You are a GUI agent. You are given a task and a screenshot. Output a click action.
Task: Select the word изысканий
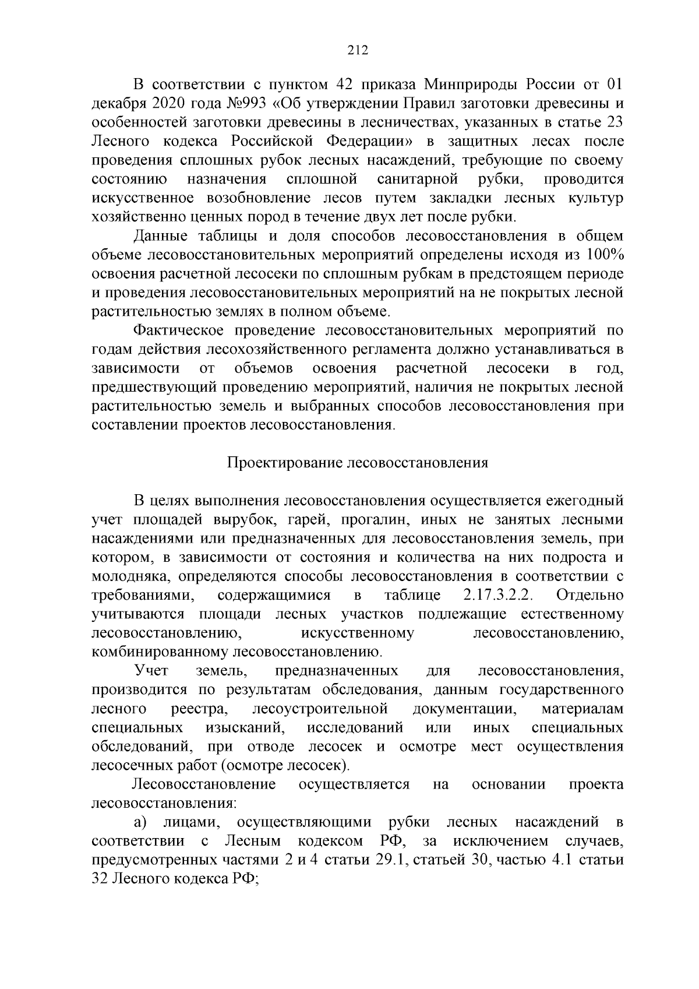(245, 728)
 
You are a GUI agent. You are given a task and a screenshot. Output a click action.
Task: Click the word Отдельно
(589, 596)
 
